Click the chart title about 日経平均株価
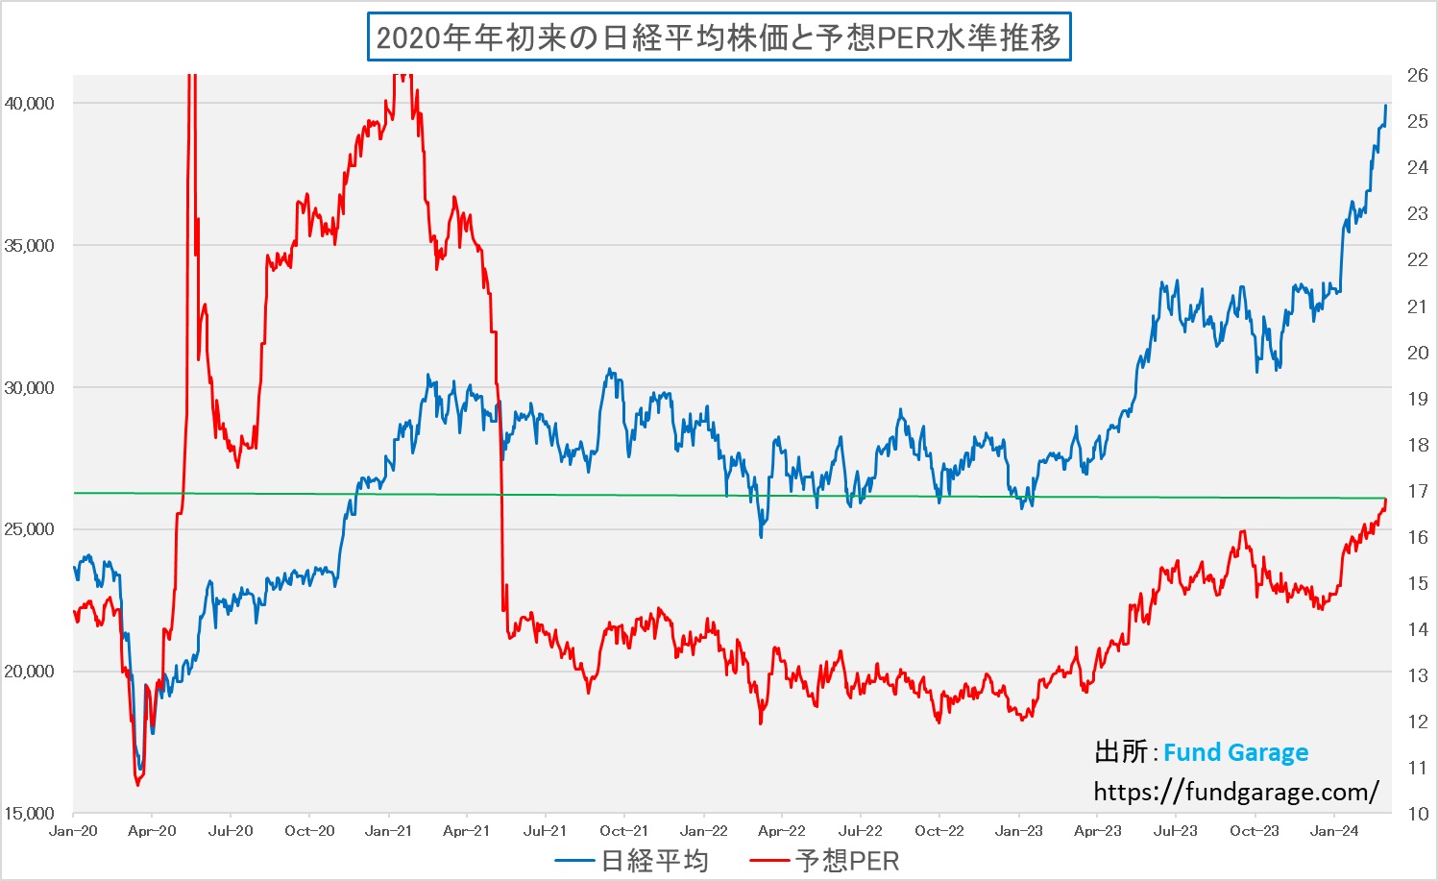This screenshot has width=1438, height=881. pyautogui.click(x=719, y=37)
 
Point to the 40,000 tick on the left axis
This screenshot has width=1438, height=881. pyautogui.click(x=30, y=104)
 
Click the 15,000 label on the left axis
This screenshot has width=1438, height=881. pyautogui.click(x=30, y=814)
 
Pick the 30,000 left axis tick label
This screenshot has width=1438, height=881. pyautogui.click(x=30, y=388)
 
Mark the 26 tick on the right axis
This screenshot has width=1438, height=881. pyautogui.click(x=1417, y=76)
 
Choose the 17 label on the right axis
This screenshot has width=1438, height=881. pyautogui.click(x=1417, y=491)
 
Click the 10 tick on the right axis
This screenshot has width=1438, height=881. pyautogui.click(x=1417, y=814)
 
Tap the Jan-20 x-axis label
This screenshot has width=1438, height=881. pyautogui.click(x=73, y=831)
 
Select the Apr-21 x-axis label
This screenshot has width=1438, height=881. pyautogui.click(x=467, y=831)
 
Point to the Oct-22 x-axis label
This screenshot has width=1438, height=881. pyautogui.click(x=938, y=831)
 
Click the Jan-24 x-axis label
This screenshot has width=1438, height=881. pyautogui.click(x=1333, y=831)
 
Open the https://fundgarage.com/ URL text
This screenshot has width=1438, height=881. pyautogui.click(x=1236, y=792)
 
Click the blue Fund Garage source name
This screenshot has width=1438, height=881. pyautogui.click(x=1235, y=752)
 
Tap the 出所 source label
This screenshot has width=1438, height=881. pyautogui.click(x=1121, y=752)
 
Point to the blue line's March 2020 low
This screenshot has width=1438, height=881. pyautogui.click(x=141, y=769)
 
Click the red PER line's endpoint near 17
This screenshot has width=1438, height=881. pyautogui.click(x=1385, y=500)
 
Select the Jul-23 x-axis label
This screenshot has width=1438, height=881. pyautogui.click(x=1175, y=831)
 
